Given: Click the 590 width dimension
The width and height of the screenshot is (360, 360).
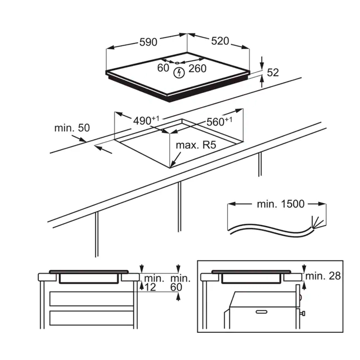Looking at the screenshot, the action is [x=148, y=42].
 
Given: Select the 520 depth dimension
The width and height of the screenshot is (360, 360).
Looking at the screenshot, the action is [x=220, y=41].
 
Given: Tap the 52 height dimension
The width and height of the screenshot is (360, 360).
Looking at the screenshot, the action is [x=273, y=72].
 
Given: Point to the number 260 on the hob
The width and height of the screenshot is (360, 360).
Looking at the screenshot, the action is [x=198, y=69].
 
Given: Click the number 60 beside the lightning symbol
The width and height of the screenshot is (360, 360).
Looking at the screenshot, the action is [x=163, y=68].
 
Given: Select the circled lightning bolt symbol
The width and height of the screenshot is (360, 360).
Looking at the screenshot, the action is [x=179, y=73].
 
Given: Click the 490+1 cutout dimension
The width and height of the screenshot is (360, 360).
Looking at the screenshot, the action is [x=146, y=121].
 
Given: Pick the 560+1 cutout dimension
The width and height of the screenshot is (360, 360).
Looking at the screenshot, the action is [x=219, y=122].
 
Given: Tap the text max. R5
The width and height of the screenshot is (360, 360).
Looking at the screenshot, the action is [x=196, y=145].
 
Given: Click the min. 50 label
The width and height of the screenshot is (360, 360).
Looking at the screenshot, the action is [x=72, y=128].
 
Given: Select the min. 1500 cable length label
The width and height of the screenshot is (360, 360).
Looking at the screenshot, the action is [x=281, y=204].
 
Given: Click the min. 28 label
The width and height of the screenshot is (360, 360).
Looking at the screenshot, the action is [x=323, y=276].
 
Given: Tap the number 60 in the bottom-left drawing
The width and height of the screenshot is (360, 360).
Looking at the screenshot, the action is [x=176, y=287].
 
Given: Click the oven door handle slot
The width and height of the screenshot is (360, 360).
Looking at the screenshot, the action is [x=262, y=312].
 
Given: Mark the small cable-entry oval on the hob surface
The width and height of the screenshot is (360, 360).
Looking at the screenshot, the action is [x=177, y=63].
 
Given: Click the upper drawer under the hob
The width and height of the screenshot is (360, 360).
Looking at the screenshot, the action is [x=91, y=299].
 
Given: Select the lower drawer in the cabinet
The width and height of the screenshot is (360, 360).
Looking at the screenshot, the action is [x=91, y=318].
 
